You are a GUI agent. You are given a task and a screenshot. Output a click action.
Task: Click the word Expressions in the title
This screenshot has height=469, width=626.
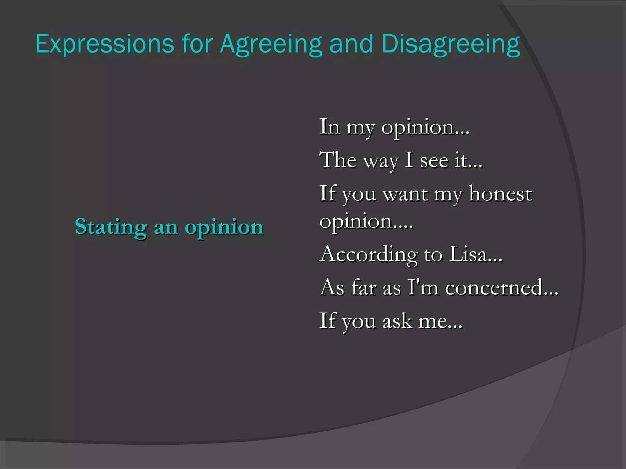pos(105,44)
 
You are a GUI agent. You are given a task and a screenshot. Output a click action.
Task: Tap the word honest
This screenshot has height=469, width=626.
pos(500,194)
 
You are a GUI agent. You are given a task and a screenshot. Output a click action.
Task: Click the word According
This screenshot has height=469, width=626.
pos(368,255)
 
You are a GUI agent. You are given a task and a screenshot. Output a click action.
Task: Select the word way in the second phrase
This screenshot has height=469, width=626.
pos(381,161)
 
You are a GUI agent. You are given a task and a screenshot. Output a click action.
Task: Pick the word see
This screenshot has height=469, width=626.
pos(434,161)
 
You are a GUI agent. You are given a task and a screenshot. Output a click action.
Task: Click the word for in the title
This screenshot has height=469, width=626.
pos(197,44)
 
